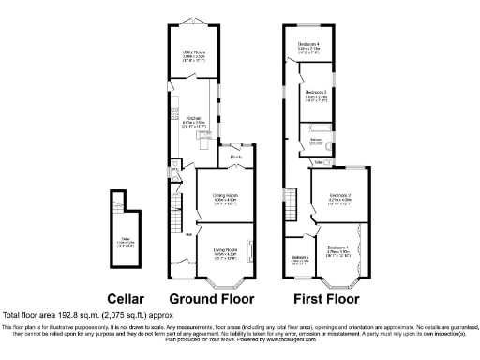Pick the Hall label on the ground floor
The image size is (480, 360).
(x=187, y=234)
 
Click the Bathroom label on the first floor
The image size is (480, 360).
(x=317, y=142)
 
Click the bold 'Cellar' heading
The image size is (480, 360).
(x=125, y=300)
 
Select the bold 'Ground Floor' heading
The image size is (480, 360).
(x=211, y=300)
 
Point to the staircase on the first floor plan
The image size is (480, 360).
(x=290, y=202)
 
